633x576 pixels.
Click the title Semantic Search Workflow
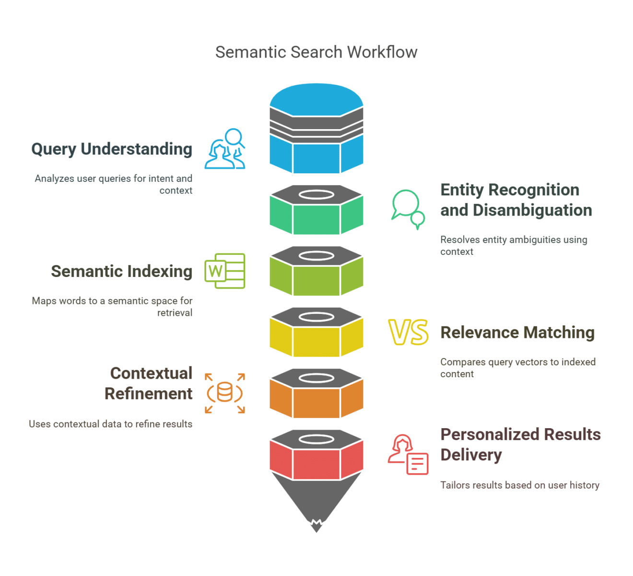coord(316,52)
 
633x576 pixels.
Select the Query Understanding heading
coord(112,149)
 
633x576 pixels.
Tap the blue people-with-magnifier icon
coord(225,149)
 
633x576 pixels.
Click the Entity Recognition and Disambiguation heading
coord(516,200)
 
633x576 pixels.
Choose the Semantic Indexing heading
coord(121,272)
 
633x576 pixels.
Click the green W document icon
coord(225,271)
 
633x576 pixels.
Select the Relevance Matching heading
coord(517,333)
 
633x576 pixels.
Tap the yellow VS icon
coord(408,332)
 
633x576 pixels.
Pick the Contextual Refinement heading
coord(149,384)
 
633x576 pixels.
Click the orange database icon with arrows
coord(225,393)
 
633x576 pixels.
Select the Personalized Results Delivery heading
coord(520,444)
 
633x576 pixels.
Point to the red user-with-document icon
coord(408,455)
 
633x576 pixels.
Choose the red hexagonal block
coord(316,463)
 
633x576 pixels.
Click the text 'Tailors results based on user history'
coord(520,485)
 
